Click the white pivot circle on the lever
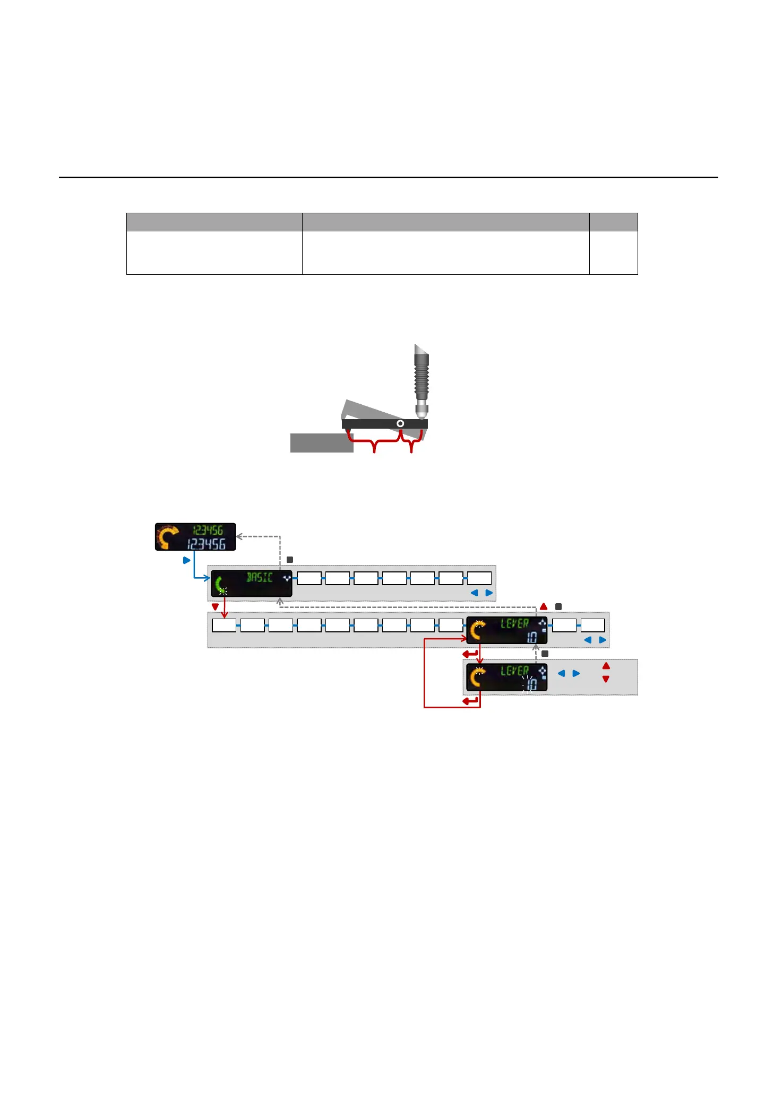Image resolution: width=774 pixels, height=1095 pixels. coord(400,423)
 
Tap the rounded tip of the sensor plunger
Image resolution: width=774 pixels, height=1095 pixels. coord(422,413)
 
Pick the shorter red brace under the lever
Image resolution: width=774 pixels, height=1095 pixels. coord(411,441)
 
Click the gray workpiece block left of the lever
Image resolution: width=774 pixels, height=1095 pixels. coord(321,443)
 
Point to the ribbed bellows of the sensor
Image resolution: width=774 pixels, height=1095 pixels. coord(422,377)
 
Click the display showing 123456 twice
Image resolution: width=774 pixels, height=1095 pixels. coord(195,537)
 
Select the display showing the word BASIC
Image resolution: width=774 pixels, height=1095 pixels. coord(252,584)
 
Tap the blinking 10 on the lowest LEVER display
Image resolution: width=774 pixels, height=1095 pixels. coord(531,684)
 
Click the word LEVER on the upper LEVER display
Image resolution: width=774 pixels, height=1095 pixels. coord(514,624)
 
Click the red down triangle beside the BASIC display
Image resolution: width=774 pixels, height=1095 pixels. coord(215,607)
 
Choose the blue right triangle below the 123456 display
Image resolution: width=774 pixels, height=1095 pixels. coord(186,560)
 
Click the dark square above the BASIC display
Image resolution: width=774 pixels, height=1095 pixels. coord(290,560)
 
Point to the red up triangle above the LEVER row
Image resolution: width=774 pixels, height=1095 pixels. coord(544,606)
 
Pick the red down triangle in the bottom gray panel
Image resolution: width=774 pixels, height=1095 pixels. coord(606,679)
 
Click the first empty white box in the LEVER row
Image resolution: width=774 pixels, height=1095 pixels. coord(224,625)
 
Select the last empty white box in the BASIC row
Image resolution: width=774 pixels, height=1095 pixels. coord(479,578)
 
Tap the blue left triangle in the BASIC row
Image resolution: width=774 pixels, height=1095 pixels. coord(474,593)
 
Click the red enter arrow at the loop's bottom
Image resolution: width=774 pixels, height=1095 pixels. coord(470,701)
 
